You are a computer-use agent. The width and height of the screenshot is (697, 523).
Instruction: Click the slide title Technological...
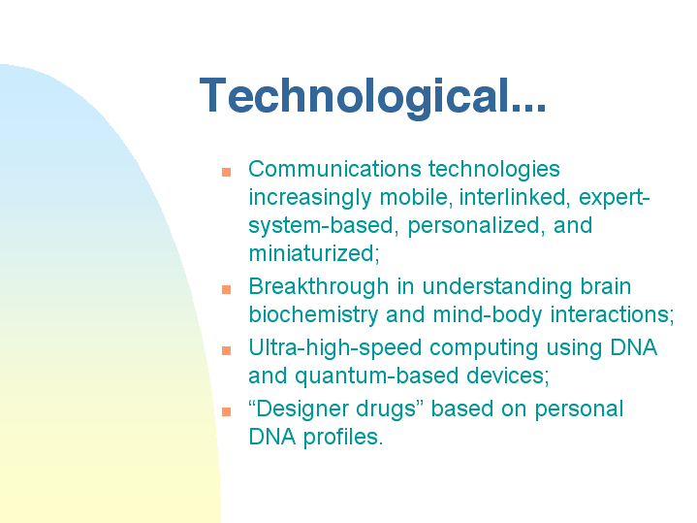[372, 96]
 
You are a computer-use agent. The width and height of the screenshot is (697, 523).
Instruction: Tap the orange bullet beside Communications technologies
[226, 172]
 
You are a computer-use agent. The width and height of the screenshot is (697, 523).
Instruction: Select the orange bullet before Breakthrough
[226, 290]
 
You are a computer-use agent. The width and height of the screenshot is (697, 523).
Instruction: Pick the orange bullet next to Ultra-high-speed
[226, 350]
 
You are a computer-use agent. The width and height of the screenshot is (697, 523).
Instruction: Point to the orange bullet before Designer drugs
[226, 411]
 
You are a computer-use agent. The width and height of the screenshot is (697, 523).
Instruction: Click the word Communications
[334, 169]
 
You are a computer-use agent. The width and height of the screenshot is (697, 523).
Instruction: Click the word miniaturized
[314, 253]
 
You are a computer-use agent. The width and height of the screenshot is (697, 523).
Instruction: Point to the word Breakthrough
[319, 287]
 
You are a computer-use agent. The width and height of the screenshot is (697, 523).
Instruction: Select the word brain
[606, 286]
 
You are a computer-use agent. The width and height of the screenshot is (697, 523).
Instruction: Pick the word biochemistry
[313, 315]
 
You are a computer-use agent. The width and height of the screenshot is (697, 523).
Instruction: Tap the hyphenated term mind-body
[488, 315]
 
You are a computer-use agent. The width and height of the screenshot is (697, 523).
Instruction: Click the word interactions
[612, 314]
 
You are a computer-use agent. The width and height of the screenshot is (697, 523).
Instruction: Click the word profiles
[343, 438]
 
